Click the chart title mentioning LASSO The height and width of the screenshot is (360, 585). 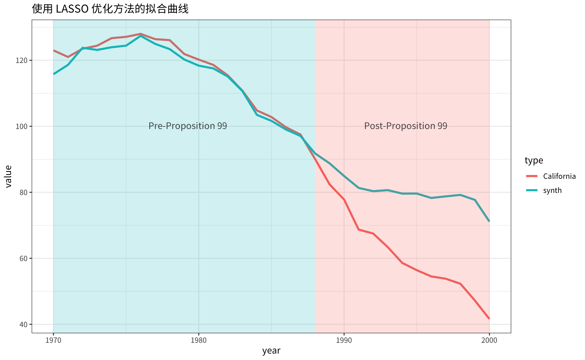point(110,9)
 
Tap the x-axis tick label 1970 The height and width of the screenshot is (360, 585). point(53,340)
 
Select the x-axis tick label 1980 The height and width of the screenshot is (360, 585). point(199,340)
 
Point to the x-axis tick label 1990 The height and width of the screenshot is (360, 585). point(344,340)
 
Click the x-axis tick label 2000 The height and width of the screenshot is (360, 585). point(489,340)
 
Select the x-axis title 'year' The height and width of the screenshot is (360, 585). point(271,351)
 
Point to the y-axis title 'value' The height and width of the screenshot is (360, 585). point(8,176)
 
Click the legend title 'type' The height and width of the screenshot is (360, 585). point(534,160)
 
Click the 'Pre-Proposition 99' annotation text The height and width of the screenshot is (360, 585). point(188,126)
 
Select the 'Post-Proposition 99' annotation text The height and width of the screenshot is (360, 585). point(406,126)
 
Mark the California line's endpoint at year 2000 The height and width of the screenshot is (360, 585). point(489,319)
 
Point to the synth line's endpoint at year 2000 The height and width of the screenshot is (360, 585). point(489,221)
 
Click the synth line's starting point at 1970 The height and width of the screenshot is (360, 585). point(54,74)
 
